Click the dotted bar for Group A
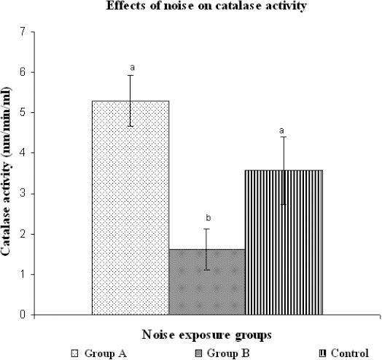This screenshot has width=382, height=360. click(x=130, y=208)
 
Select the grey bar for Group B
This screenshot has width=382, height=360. click(x=207, y=282)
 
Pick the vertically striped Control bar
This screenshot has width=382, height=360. click(x=284, y=243)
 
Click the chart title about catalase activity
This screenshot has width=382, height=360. click(x=206, y=6)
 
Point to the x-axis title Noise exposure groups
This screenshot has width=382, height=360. click(x=206, y=335)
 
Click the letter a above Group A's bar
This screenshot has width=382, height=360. click(x=132, y=67)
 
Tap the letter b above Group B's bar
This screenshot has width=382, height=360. click(x=208, y=218)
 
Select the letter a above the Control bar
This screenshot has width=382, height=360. click(x=281, y=130)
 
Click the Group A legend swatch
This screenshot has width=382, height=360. click(x=74, y=353)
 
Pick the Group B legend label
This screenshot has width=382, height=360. click(x=228, y=353)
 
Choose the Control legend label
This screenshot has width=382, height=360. click(x=350, y=353)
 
